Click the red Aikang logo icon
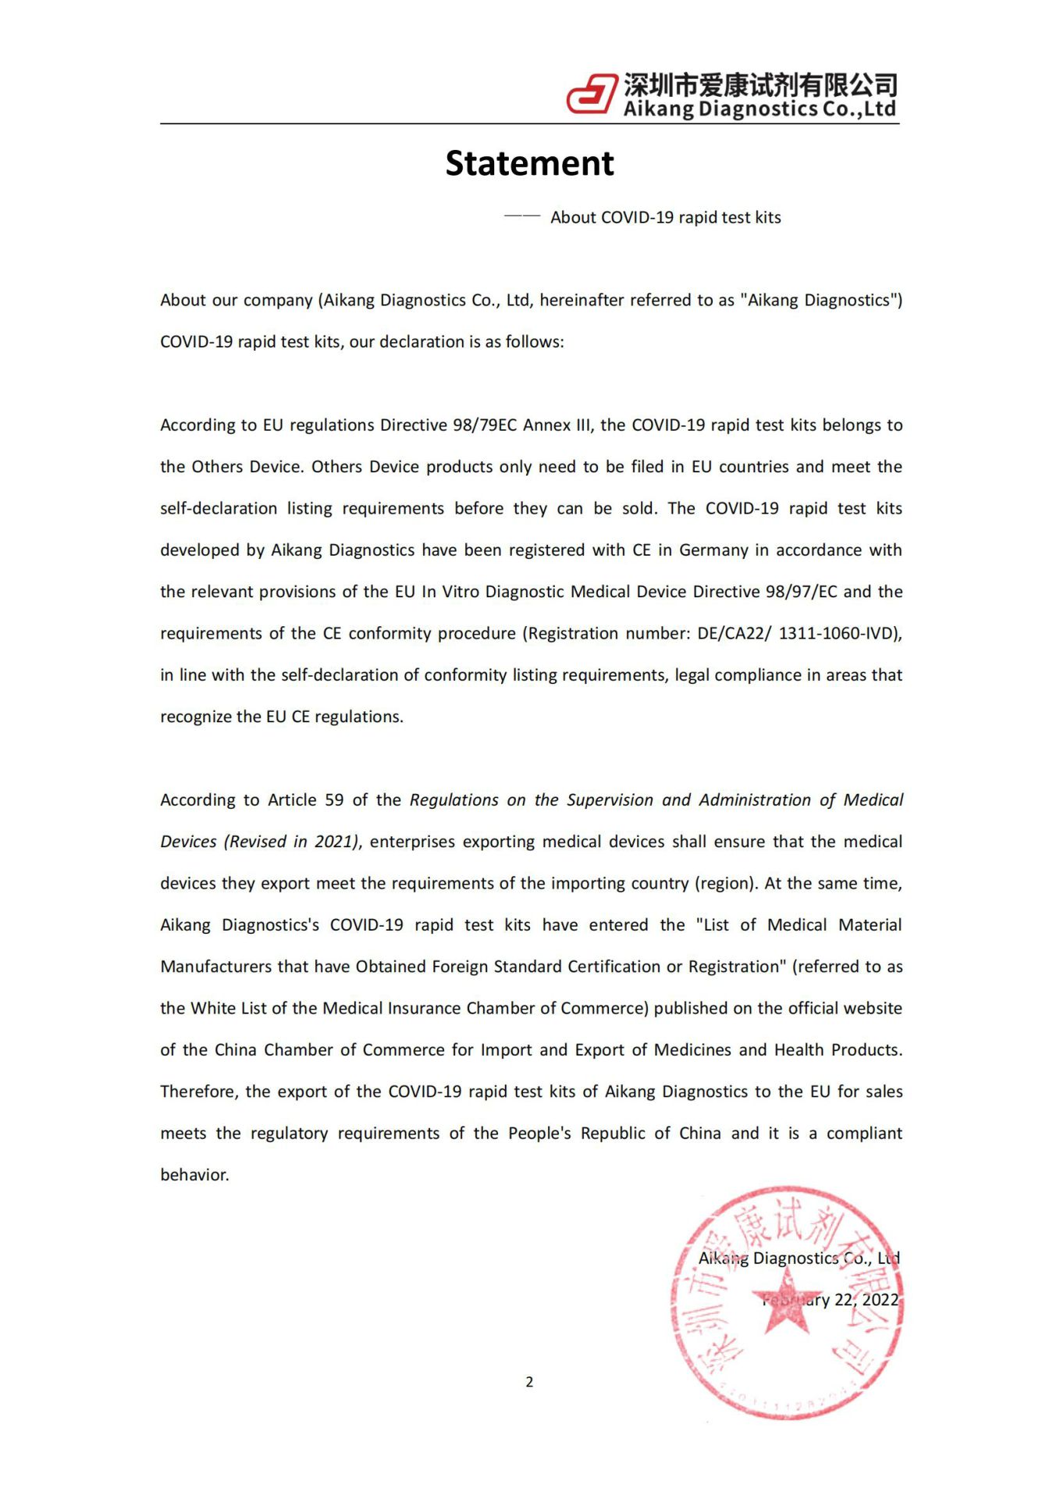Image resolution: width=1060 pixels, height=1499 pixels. coord(591,94)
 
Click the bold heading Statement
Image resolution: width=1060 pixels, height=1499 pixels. coord(529,163)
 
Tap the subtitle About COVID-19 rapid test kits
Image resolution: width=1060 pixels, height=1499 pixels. coord(665,218)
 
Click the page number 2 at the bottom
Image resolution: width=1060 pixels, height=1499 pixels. coord(529,1382)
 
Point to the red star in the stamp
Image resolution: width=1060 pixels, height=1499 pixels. coord(787,1300)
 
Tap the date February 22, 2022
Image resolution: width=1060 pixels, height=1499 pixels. coord(831,1300)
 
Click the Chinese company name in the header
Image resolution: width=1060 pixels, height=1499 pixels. coord(759,84)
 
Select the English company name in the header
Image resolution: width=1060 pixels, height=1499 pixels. coord(759,109)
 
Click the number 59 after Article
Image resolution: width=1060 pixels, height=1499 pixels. coord(334,800)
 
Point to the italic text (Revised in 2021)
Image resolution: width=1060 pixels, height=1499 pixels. coord(292,842)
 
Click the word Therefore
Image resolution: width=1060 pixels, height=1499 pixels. coord(198,1091)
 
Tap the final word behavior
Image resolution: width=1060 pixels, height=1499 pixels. coord(194,1175)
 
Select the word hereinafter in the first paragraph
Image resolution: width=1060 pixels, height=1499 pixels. coord(581,301)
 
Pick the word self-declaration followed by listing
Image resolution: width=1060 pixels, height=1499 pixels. coord(219,508)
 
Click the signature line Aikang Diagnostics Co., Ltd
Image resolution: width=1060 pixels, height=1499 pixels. coord(799,1259)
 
